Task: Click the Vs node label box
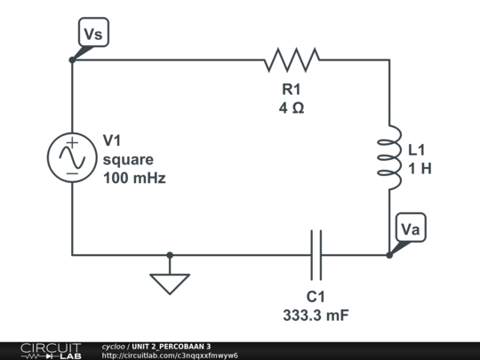coord(93,34)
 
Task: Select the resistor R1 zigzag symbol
coord(292,60)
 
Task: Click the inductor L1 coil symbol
coord(389,157)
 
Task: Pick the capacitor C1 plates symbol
coord(316,255)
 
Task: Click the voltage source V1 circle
coord(71,157)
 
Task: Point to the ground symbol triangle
coord(170,282)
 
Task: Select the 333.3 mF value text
coord(316,314)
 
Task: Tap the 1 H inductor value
coord(420,168)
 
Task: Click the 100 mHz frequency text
coord(134,178)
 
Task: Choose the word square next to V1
coord(128,159)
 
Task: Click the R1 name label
coord(292,89)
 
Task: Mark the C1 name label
coord(316,296)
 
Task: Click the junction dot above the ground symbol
coord(170,255)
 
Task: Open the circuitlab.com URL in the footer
coord(170,355)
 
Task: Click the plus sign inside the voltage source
coord(71,142)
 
